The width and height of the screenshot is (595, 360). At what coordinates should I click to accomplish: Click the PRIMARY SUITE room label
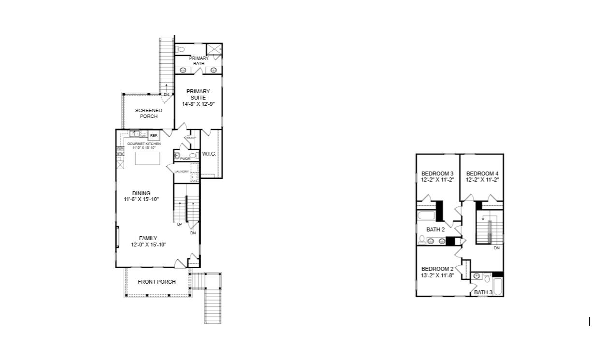(199, 94)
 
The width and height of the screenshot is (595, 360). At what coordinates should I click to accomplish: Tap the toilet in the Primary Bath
(179, 49)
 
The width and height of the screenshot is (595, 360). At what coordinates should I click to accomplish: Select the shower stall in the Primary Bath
(214, 49)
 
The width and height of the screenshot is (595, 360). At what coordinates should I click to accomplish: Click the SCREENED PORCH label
(148, 113)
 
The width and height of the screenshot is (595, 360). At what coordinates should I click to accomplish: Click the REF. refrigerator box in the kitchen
(153, 136)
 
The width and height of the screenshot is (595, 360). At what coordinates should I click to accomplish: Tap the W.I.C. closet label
(209, 154)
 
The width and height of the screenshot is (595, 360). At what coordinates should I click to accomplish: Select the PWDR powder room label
(185, 158)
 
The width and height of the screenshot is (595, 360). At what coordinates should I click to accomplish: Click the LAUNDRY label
(181, 172)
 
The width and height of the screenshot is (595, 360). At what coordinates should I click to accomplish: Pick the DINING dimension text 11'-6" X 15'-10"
(141, 199)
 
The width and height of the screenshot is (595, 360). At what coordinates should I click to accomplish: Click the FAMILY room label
(148, 238)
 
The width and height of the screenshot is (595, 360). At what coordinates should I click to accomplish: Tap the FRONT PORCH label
(157, 282)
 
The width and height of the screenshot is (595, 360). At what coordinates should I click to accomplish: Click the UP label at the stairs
(179, 224)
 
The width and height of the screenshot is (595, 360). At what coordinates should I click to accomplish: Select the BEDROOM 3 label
(437, 173)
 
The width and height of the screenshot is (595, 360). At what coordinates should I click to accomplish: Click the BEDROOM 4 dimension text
(482, 180)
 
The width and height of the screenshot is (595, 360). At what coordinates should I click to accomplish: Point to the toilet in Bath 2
(421, 240)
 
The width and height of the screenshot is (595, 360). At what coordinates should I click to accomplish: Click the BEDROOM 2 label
(437, 269)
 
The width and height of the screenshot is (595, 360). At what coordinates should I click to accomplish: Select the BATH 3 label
(483, 292)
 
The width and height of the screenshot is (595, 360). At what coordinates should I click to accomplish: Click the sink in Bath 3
(477, 276)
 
